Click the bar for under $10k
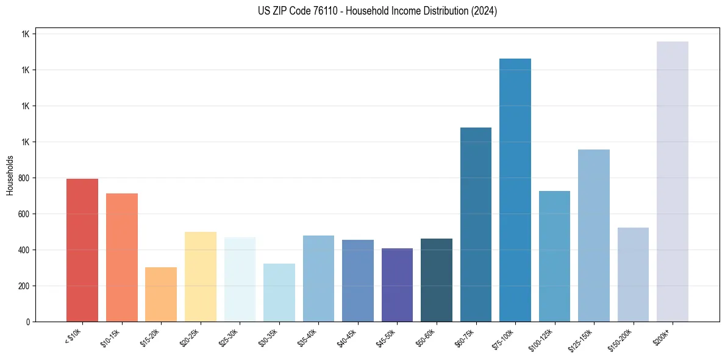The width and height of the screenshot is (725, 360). (x=82, y=250)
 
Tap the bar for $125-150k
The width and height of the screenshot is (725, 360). (x=594, y=236)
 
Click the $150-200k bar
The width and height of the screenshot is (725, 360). (x=633, y=275)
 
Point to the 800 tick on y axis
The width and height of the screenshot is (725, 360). (x=25, y=178)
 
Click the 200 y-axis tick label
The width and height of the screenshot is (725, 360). (x=25, y=286)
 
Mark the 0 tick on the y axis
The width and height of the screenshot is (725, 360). (x=29, y=322)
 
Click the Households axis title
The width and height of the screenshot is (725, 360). (x=10, y=175)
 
